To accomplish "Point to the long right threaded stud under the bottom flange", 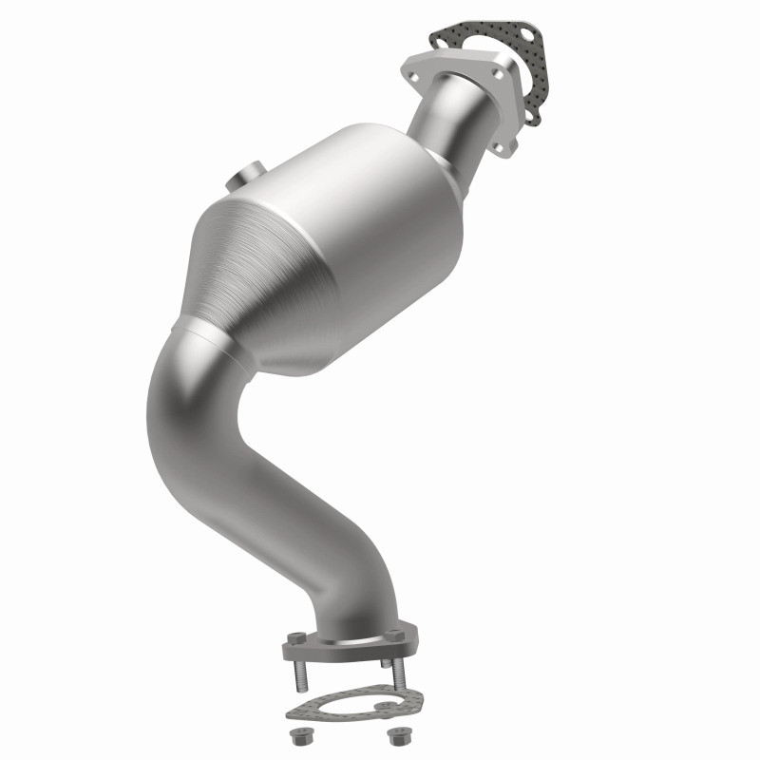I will tap(399, 676).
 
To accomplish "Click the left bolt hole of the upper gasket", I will tap(442, 37).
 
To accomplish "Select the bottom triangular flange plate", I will tap(347, 646).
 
